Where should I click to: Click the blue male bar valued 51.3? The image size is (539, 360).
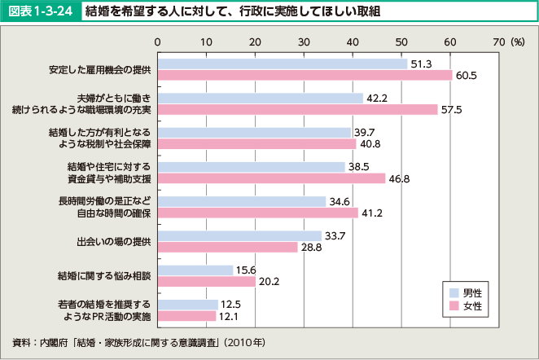coord(282,64)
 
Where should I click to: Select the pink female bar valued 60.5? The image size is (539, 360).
coord(305,75)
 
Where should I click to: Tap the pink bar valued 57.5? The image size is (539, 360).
coord(297,109)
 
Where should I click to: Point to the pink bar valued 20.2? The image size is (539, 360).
coord(206,282)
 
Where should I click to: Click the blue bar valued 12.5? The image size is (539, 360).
coord(187,305)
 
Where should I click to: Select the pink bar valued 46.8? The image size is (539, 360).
coord(271,178)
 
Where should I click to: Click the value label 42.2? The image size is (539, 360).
coord(376,98)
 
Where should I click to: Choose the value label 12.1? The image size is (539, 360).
coord(229,316)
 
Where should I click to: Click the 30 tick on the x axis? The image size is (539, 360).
coord(304,41)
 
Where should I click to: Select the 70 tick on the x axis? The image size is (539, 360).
coord(499,41)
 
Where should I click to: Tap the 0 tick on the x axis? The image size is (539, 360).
coord(157,41)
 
